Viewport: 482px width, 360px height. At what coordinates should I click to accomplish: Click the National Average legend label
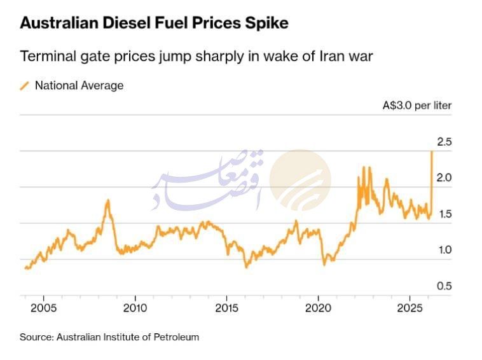coord(79,85)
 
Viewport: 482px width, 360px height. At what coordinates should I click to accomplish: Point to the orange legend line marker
coord(25,85)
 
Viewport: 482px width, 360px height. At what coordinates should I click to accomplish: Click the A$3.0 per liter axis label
coord(417,106)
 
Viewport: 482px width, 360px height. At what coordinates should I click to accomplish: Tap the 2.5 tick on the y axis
coord(443,142)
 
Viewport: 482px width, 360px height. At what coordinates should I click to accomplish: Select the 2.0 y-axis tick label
coord(443,178)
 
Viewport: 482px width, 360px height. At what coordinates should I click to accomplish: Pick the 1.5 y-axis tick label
coord(443,214)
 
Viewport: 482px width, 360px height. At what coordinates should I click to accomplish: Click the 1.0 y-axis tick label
coord(443,250)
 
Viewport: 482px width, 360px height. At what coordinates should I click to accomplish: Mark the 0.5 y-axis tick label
coord(443,286)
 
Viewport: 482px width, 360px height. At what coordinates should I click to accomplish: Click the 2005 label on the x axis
coord(43,308)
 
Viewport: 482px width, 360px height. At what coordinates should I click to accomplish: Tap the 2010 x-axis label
coord(135,308)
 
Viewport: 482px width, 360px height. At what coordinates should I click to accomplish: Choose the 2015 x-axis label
coord(226,308)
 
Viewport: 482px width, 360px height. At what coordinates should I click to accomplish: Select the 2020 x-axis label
coord(318,308)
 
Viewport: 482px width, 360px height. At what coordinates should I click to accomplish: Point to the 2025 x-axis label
coord(410,308)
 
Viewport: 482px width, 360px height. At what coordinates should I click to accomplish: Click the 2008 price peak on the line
coord(107,201)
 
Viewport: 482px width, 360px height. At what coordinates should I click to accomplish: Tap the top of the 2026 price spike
coord(432,151)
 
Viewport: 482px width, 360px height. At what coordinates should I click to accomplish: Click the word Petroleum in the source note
coord(176,337)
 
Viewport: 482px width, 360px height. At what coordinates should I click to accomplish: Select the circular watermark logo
coord(300,180)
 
